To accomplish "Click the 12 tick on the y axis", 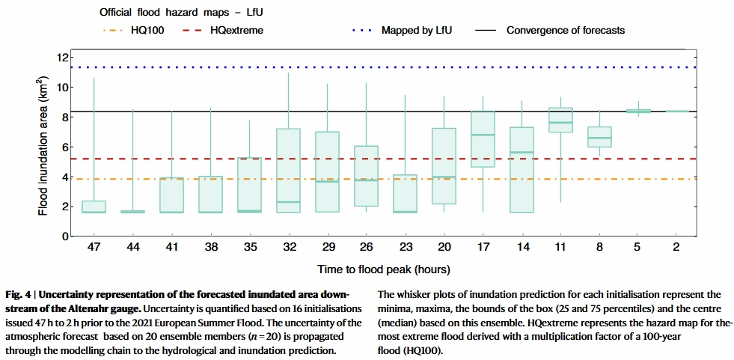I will click(63, 58).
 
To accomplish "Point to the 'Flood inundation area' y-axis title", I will click(43, 146).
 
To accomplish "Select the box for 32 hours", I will click(288, 171).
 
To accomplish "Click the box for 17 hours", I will click(483, 139).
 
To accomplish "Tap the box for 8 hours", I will click(599, 137).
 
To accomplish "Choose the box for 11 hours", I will click(560, 120).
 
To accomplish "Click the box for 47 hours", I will click(94, 207).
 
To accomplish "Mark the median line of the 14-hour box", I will click(522, 152).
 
